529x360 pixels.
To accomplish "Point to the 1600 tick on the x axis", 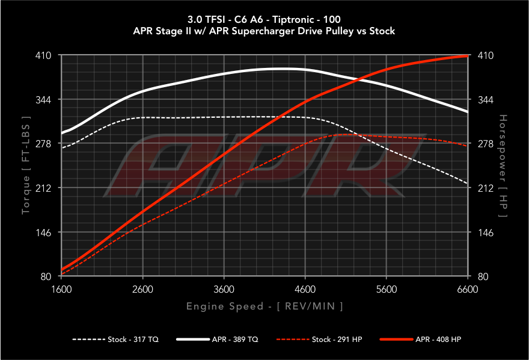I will pos(62,288).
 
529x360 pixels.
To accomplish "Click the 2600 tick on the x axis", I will pos(142,288).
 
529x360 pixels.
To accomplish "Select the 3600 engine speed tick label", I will pos(224,288).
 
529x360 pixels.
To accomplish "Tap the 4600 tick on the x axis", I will pos(305,288).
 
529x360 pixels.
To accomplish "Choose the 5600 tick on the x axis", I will pos(386,288).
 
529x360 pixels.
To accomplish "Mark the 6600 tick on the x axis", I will pos(467,288).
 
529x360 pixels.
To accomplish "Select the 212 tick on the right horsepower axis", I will pos(485,188).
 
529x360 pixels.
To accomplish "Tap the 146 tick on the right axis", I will pos(485,233).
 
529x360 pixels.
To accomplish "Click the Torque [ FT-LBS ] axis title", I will pos(26,166).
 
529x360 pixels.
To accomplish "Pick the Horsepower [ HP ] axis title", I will pos(503,166).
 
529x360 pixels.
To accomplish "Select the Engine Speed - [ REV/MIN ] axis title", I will pos(264,307).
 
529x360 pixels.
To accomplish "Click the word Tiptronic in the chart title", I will pos(300,19).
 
